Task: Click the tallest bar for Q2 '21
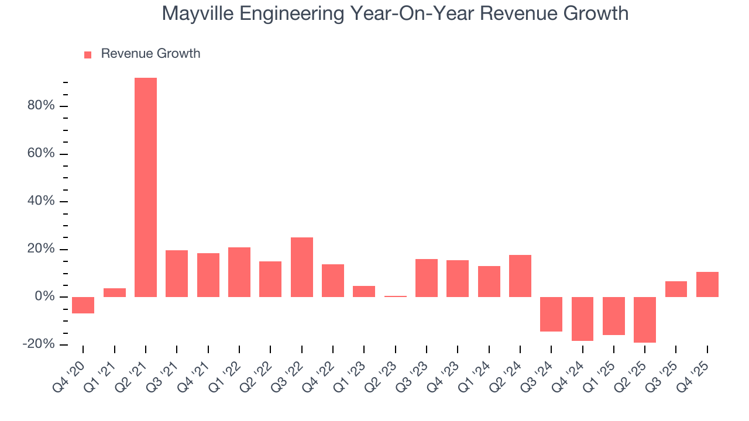point(146,187)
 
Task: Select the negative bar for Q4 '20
point(83,305)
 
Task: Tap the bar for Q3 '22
point(302,267)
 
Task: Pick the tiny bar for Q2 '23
point(396,296)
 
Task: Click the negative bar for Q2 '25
point(645,320)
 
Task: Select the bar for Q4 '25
point(707,284)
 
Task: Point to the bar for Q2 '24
point(520,276)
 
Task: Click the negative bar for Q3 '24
point(551,314)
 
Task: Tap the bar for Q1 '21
point(115,292)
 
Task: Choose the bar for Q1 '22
point(239,272)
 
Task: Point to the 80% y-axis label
point(41,106)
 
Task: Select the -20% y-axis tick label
point(39,344)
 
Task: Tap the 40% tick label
point(41,201)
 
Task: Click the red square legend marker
point(88,54)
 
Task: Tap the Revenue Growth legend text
point(150,54)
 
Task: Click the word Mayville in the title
point(200,13)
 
